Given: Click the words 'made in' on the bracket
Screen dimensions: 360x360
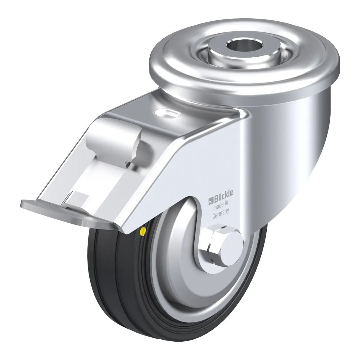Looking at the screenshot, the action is pos(221,205).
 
